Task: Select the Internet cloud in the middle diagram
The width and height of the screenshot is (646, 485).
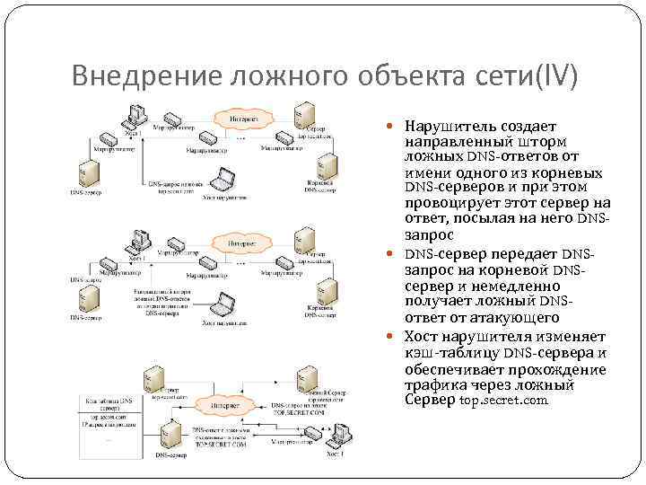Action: (x=236, y=243)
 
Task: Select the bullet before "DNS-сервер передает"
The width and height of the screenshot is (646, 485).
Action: (x=397, y=255)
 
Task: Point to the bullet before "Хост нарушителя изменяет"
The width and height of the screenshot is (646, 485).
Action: (x=397, y=338)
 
